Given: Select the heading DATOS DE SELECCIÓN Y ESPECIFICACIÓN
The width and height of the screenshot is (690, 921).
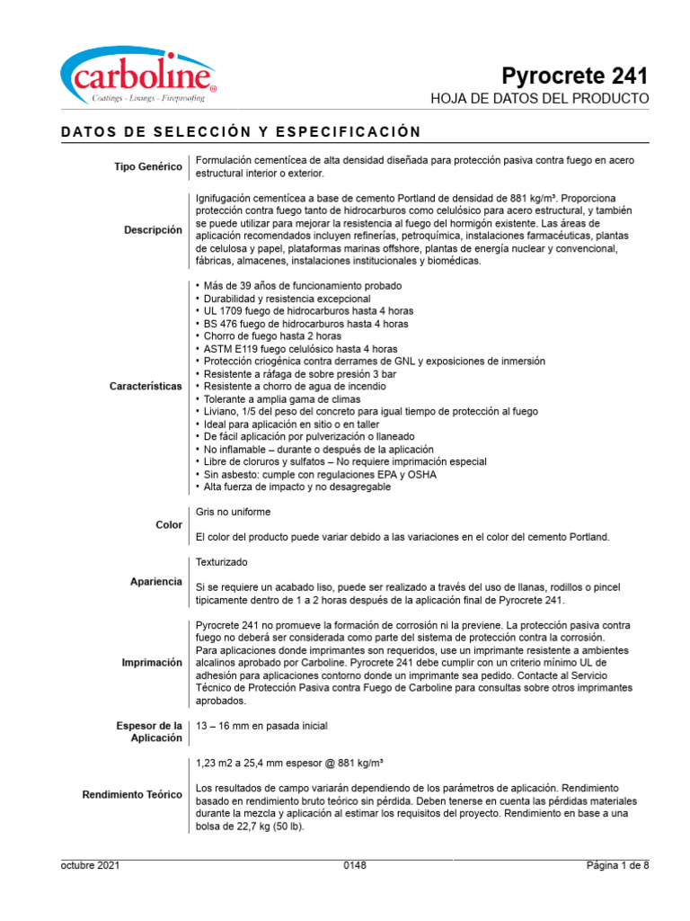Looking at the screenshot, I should coord(241,132).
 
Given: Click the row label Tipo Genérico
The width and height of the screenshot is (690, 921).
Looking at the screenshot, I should coord(148,166).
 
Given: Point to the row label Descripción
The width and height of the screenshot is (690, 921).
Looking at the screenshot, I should coord(153,230).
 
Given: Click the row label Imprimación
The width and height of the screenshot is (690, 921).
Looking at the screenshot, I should coord(152,662).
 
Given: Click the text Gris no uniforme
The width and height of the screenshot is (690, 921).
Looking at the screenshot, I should coord(233,512).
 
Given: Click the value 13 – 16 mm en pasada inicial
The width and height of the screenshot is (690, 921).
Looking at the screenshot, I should coord(261,726).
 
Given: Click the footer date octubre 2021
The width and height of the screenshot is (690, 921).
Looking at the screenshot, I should coord(90,865).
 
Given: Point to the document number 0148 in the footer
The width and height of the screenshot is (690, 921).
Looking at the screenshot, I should coord(355,865).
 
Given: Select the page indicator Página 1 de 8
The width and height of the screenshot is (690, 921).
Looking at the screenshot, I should coord(616,865).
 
